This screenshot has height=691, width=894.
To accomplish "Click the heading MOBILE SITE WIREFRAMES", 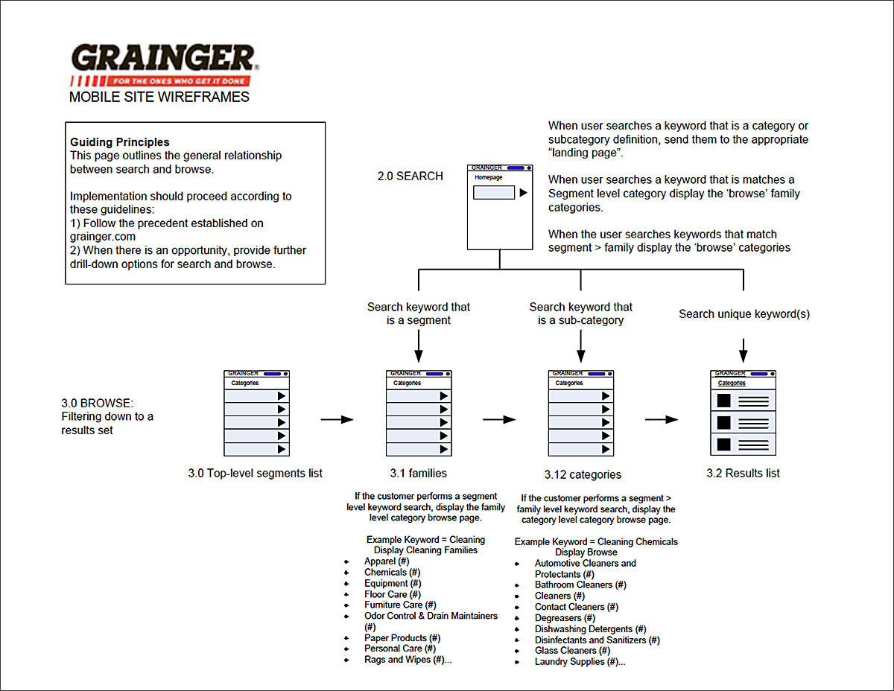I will point(159,97).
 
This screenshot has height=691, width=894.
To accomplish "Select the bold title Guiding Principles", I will point(120,142).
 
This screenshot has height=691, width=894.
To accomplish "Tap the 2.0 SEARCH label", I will point(410,176).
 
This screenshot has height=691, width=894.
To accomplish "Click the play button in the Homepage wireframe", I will point(524,193).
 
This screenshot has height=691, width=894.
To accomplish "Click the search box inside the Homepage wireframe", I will point(494,193).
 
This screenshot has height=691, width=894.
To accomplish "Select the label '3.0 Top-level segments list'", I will point(256,474).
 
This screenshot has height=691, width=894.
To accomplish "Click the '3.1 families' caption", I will point(419,473).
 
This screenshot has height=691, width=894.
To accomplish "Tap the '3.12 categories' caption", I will point(583,474).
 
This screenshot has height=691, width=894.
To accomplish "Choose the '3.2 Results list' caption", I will point(744,473).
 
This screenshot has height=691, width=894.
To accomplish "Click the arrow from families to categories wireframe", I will point(499,420).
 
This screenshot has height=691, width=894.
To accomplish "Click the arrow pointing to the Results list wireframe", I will point(662,420).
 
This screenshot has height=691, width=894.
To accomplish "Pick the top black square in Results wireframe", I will point(723,401).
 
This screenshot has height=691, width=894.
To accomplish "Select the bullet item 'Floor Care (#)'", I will point(393,594).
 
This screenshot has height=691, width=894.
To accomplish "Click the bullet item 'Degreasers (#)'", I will point(565,618).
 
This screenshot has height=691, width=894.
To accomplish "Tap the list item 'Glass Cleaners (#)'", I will point(572,651).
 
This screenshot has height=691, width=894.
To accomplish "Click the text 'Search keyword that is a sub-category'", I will point(581,313).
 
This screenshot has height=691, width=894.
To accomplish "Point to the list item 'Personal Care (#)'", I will point(400,649).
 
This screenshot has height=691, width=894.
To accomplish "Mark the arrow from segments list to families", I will point(337,420).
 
